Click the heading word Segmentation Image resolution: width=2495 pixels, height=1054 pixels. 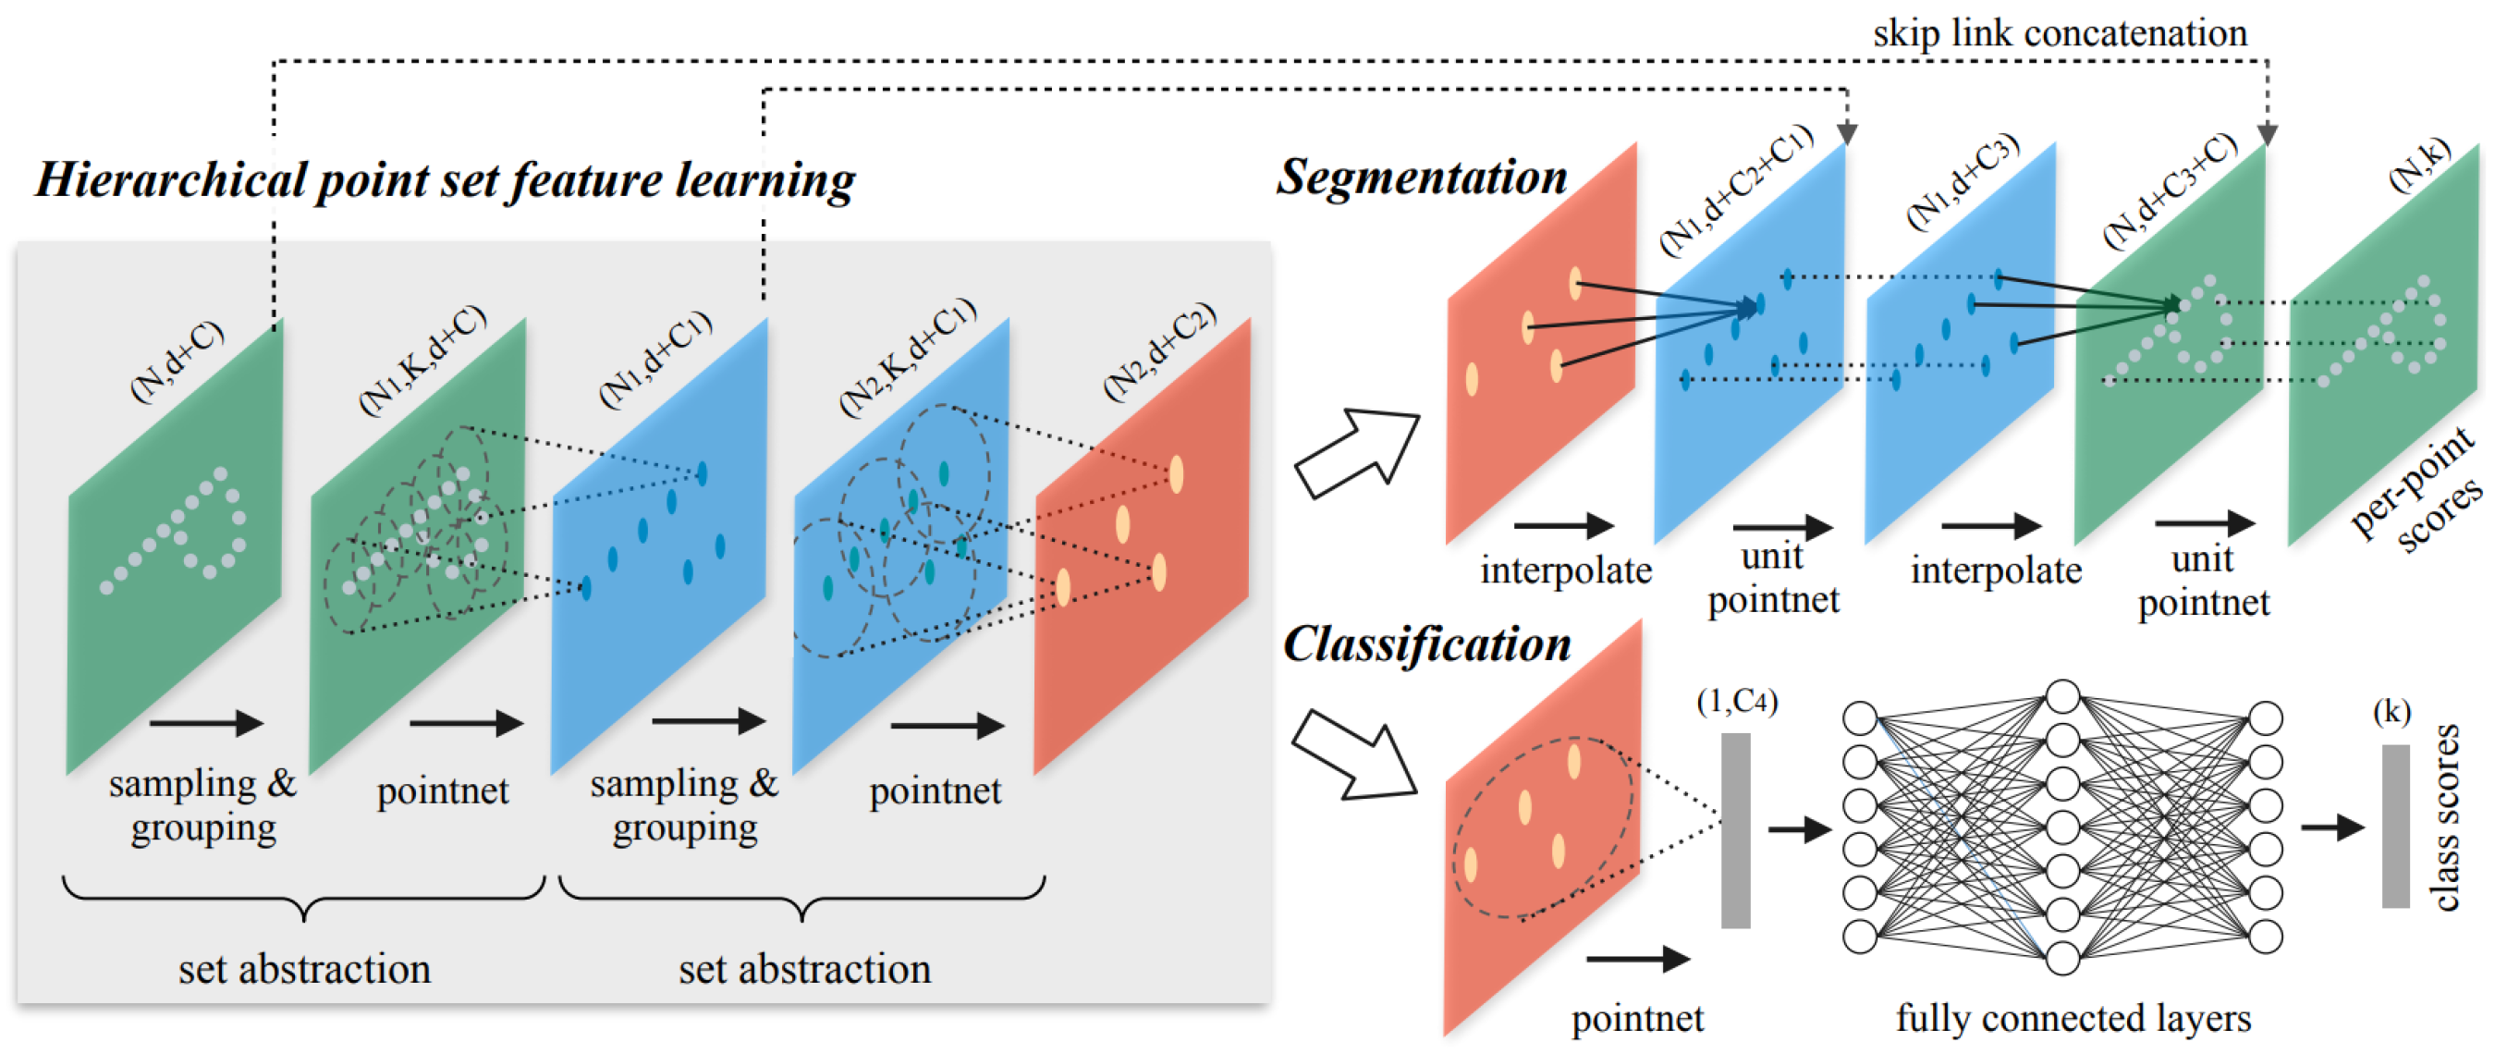[1421, 178]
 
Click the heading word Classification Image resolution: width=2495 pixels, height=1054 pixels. [1426, 645]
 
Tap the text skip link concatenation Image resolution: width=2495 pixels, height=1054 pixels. [2060, 33]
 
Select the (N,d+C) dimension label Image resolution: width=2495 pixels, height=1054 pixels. [177, 361]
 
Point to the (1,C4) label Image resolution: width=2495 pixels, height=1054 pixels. [1737, 701]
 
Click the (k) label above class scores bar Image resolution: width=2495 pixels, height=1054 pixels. [2391, 712]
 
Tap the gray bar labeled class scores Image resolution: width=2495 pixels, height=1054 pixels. [2395, 826]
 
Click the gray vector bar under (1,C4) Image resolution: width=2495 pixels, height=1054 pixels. [1735, 830]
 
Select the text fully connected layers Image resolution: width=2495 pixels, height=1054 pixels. [2073, 1018]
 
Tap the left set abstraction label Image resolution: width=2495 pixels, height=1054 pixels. [304, 970]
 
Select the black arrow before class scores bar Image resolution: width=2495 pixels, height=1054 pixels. [2332, 827]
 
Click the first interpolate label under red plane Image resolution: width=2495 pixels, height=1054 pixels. [1565, 570]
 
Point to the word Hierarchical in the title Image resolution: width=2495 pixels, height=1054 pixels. [170, 181]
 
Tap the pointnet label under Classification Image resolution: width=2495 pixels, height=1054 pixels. [1637, 1019]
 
